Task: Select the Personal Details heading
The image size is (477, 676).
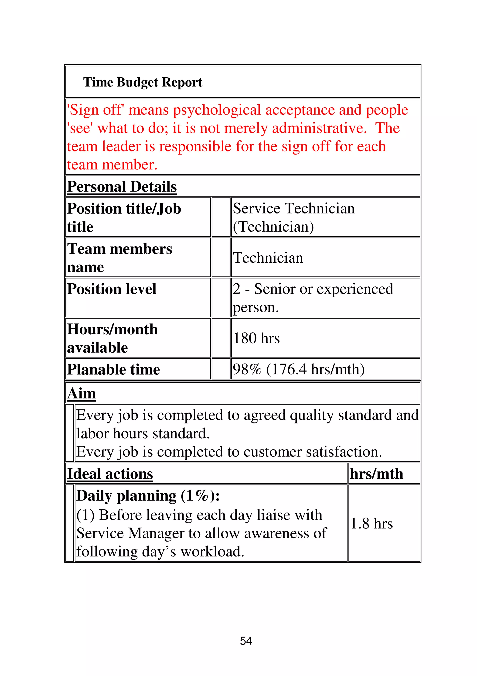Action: coord(122,187)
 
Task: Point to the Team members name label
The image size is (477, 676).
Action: coord(119,258)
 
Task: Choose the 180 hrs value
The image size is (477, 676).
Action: coord(256,338)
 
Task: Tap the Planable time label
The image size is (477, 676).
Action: coord(113,370)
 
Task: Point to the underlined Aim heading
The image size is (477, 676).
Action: coord(82,393)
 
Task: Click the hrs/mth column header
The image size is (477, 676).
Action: coord(376,474)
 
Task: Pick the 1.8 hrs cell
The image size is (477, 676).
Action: coord(372,524)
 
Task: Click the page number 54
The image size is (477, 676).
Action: coord(246,641)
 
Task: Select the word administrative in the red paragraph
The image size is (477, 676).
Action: coord(319,128)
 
